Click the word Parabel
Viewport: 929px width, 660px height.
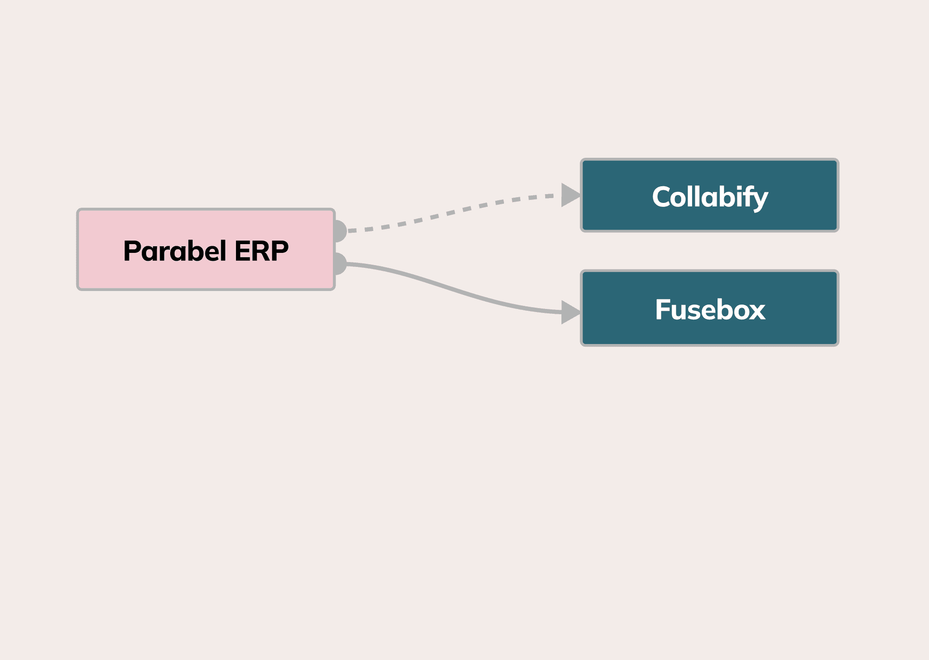click(175, 251)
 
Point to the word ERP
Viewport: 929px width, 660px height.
click(261, 251)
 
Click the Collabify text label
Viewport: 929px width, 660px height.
click(709, 197)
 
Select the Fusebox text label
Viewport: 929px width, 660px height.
click(709, 309)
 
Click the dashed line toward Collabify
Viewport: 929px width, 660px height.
click(447, 213)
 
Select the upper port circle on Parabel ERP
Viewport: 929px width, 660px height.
click(340, 231)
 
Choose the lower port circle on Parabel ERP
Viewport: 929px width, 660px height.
click(340, 264)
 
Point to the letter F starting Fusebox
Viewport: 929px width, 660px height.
click(663, 309)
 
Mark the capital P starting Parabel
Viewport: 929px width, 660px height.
click(133, 251)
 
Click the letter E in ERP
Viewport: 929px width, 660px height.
click(243, 251)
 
